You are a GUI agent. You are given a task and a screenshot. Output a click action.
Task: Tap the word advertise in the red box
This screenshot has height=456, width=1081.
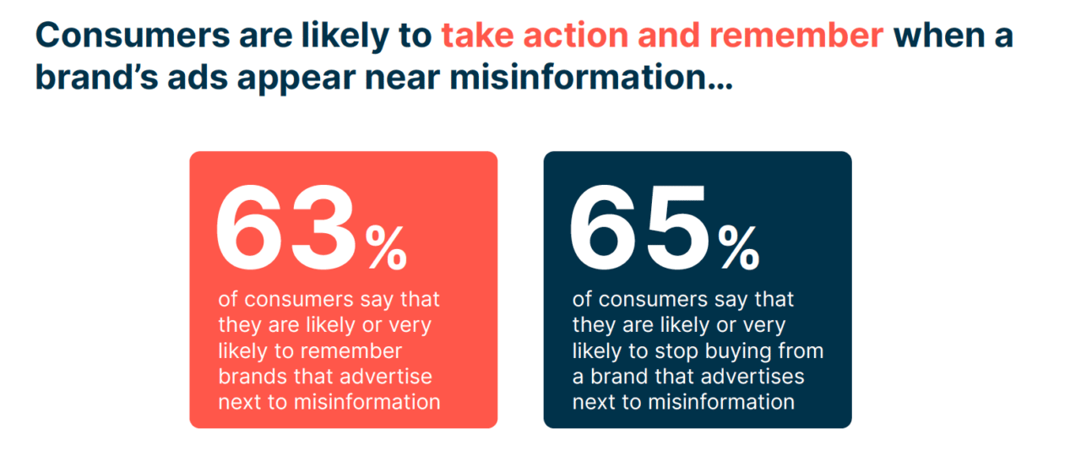click(386, 376)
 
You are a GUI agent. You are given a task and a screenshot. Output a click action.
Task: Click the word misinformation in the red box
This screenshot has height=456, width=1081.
click(366, 401)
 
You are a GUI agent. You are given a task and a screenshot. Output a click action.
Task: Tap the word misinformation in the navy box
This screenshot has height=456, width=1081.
click(720, 401)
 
